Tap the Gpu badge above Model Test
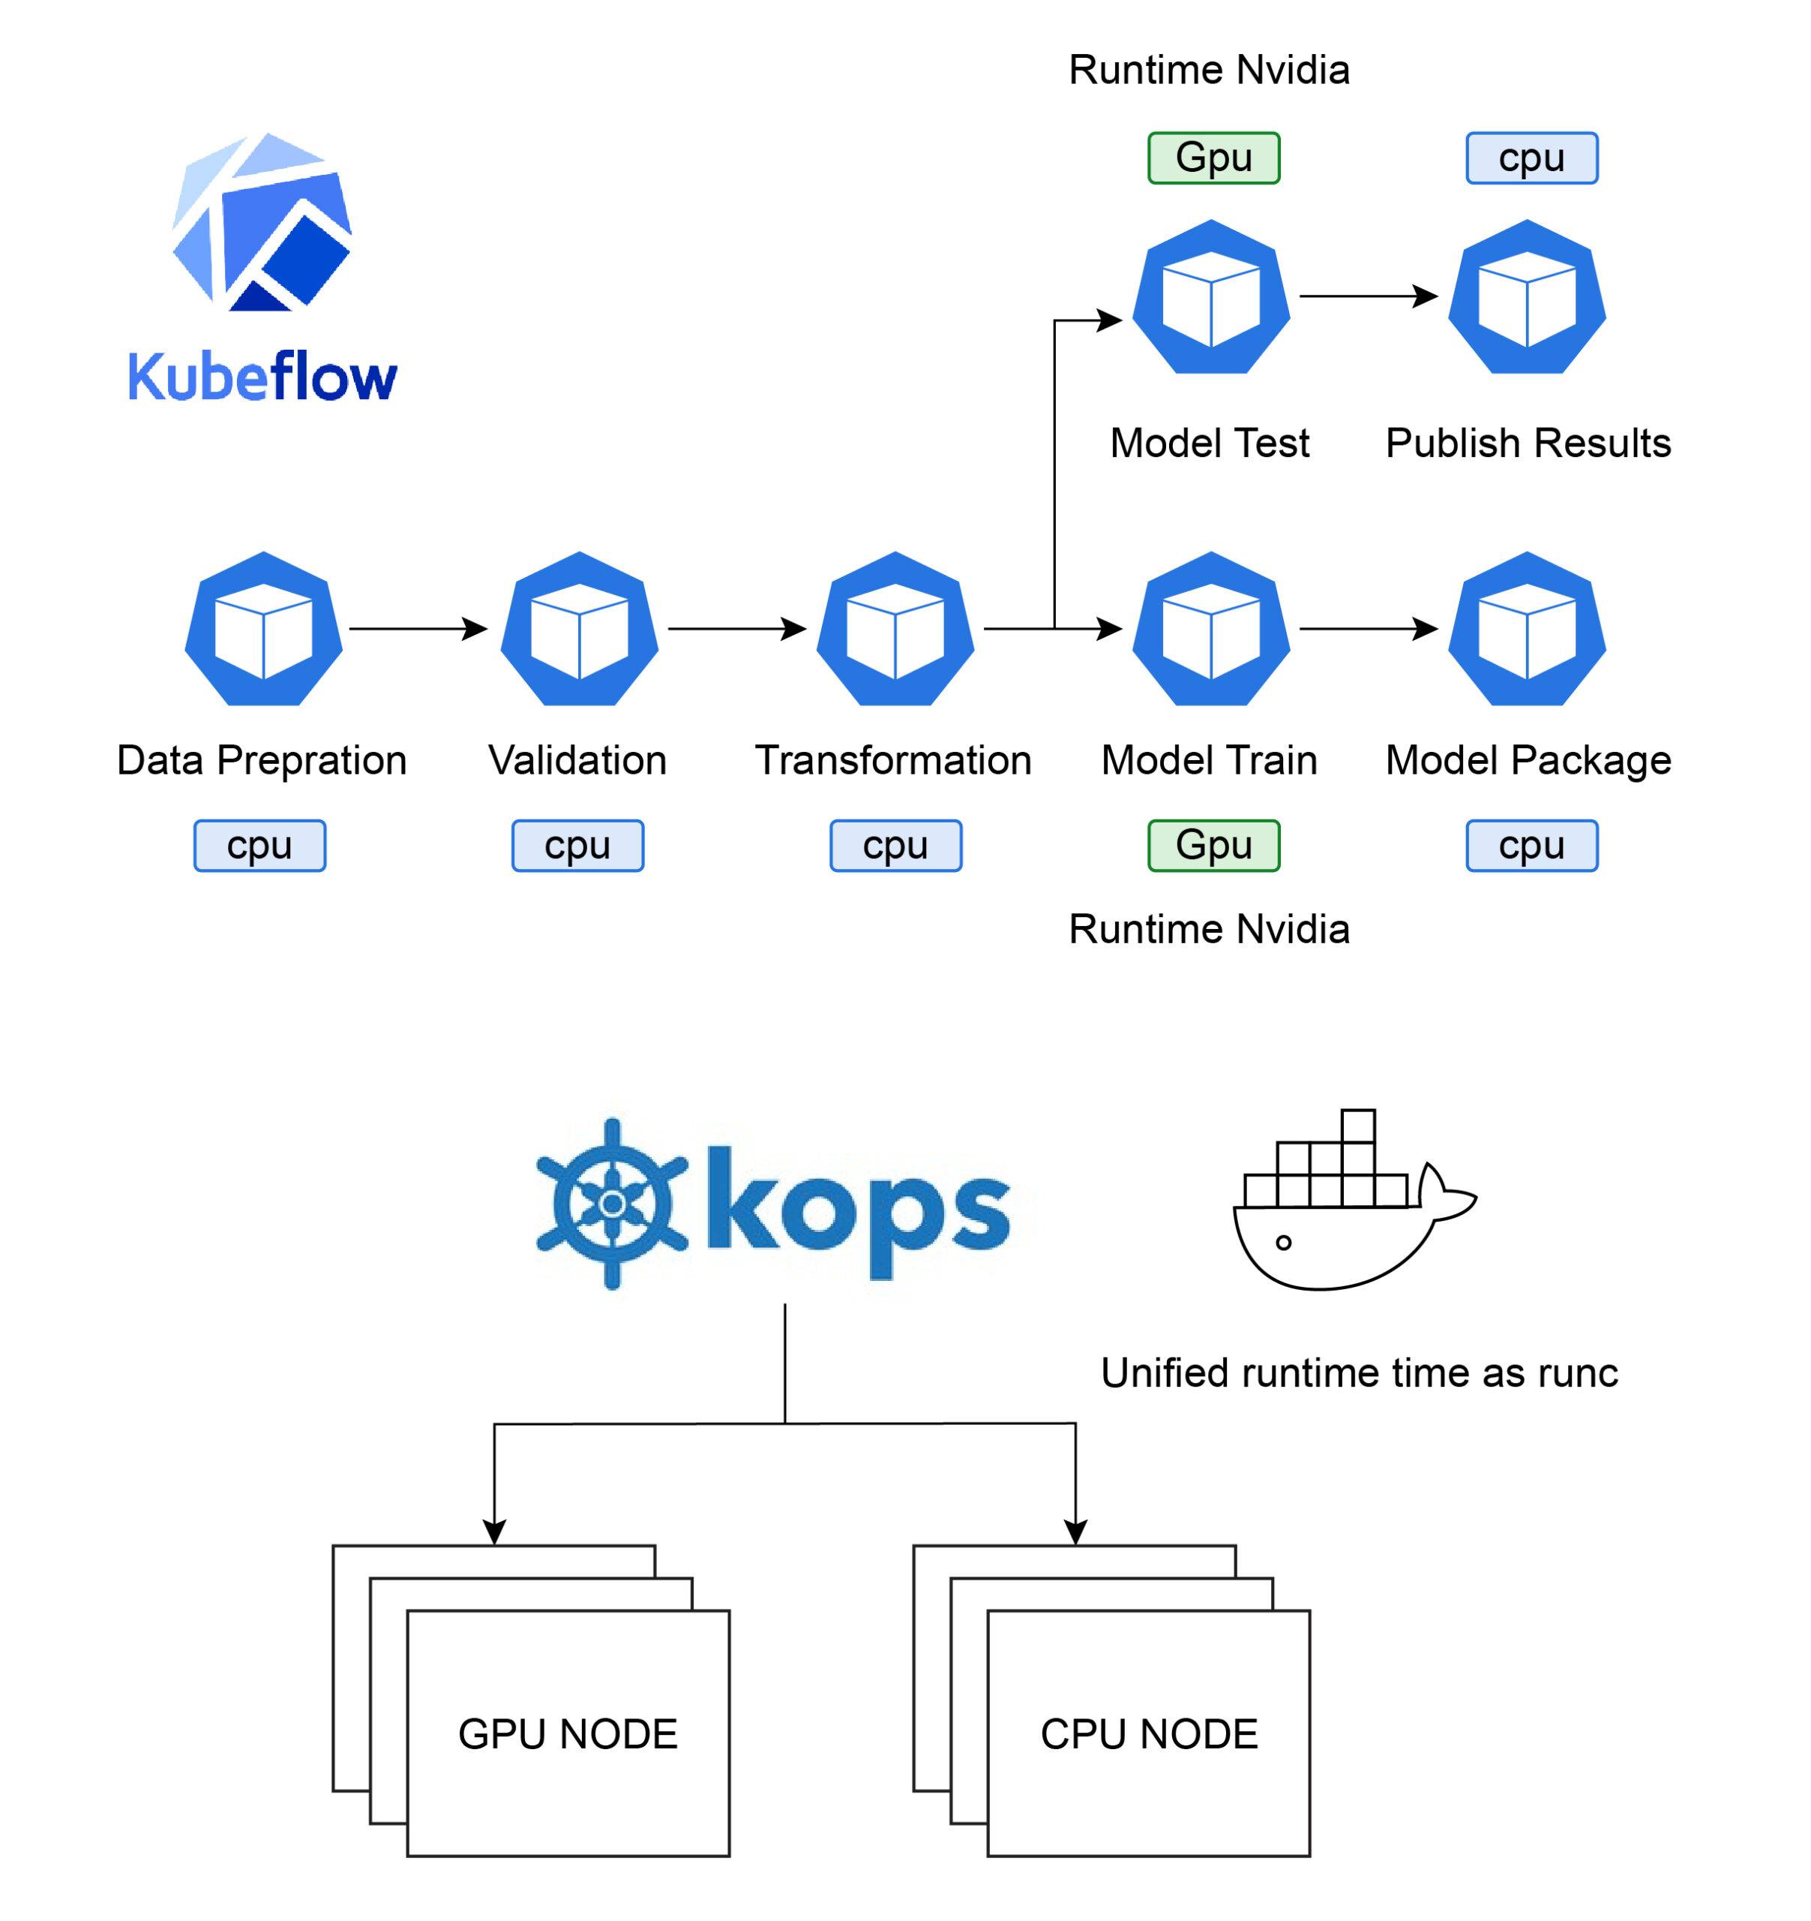tap(1213, 158)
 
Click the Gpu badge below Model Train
tap(1213, 846)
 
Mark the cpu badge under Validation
tap(577, 846)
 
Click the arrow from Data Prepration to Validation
tap(418, 629)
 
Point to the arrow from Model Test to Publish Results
tap(1369, 296)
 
